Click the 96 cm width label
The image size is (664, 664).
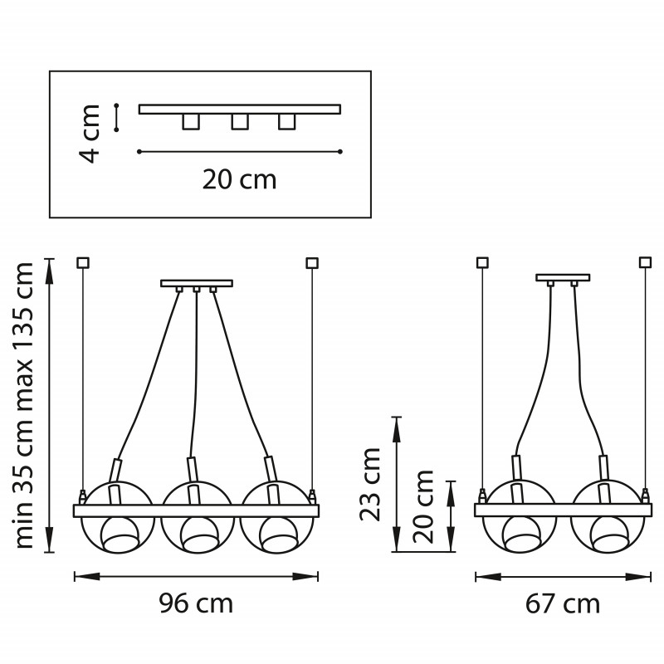[x=196, y=603]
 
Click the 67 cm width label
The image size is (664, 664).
[x=563, y=604]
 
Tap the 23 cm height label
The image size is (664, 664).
[x=369, y=484]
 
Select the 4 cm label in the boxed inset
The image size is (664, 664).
[x=90, y=134]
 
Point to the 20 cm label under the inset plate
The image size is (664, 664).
[x=239, y=179]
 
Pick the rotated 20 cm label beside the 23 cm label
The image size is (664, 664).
[x=423, y=506]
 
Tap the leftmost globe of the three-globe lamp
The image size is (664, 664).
[x=116, y=516]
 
